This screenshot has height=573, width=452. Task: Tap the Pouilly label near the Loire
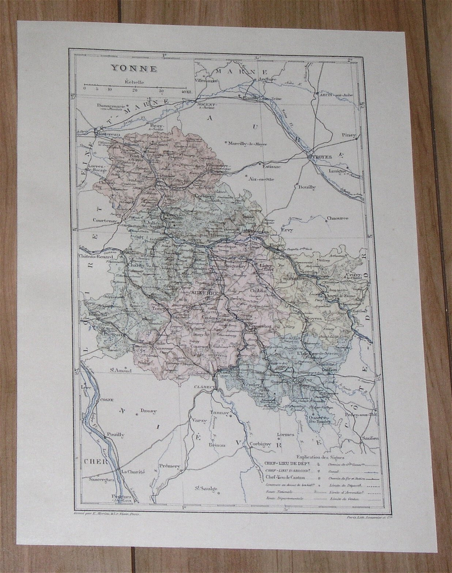115,435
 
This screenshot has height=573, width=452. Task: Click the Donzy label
148,411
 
